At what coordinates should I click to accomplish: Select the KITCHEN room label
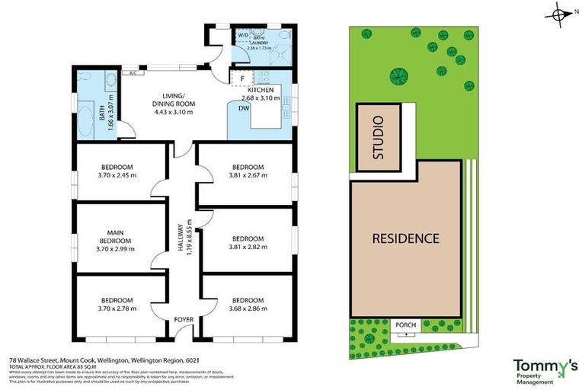261,91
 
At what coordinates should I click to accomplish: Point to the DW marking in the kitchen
243,108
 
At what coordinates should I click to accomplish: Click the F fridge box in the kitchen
242,78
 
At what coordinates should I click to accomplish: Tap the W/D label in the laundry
244,35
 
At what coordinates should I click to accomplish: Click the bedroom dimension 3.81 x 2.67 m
247,175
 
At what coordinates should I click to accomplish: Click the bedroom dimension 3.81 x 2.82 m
247,245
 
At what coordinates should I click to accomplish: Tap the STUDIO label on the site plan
381,138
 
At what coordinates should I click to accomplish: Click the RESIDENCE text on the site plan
405,238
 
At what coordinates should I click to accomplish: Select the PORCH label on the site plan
405,325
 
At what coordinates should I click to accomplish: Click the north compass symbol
562,14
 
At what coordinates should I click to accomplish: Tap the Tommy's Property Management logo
545,369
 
